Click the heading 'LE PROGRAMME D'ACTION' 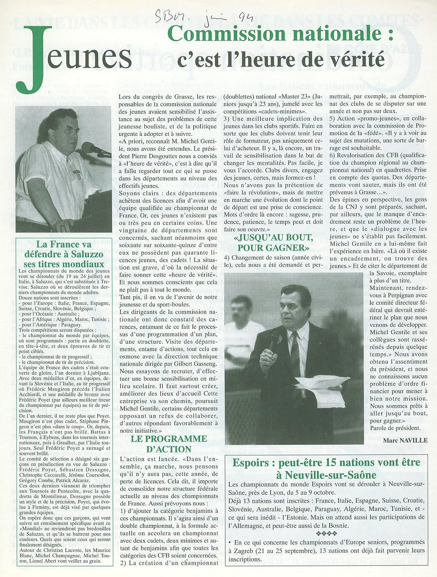point(169,444)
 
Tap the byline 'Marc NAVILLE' point(405,440)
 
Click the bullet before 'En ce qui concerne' point(230,543)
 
